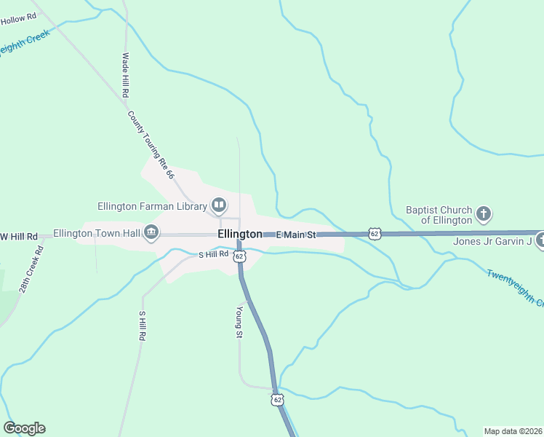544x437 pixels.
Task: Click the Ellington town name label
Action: (239, 234)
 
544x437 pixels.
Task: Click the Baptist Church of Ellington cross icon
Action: (484, 214)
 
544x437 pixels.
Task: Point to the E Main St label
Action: (296, 235)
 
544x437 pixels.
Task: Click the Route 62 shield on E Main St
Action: (374, 233)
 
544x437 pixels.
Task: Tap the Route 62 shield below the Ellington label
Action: (239, 256)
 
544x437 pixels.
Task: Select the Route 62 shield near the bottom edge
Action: (277, 400)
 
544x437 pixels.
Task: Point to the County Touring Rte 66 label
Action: (151, 145)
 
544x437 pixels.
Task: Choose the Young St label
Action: (239, 322)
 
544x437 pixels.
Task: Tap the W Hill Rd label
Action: (18, 237)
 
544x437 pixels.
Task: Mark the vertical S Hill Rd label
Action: (143, 326)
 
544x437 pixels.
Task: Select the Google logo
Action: (24, 428)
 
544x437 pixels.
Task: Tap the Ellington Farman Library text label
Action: (152, 205)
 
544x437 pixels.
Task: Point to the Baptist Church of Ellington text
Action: (439, 215)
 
